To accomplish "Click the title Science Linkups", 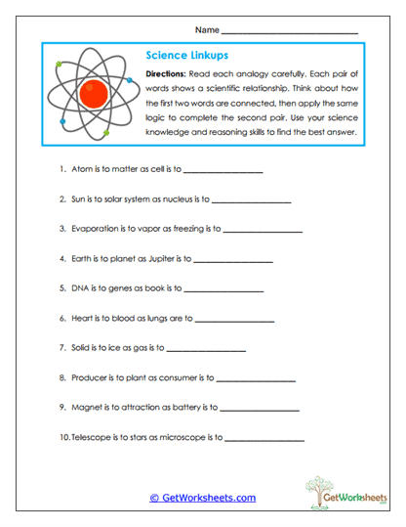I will point(185,56).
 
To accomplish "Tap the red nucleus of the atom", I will point(95,94).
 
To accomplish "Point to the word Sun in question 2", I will point(79,201).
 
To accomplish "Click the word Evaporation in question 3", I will point(96,231).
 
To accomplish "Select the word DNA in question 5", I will point(80,289).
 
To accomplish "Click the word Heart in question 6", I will point(83,319).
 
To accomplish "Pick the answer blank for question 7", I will point(208,348).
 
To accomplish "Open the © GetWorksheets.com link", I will point(202,498).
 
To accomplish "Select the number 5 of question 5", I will point(62,289).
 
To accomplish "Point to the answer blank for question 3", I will point(263,231).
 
